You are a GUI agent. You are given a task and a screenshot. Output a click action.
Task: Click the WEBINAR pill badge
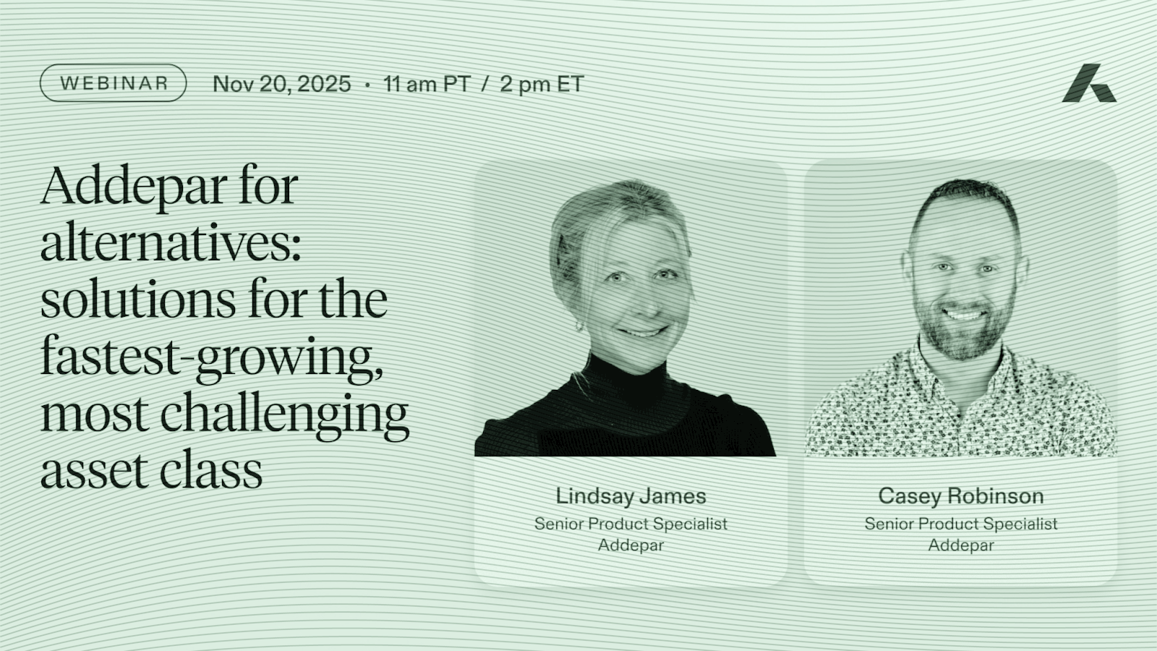113,82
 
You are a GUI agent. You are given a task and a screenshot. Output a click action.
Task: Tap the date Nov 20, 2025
282,84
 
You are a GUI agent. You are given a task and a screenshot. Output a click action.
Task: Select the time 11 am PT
427,84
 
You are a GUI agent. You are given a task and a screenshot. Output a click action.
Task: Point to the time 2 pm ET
542,84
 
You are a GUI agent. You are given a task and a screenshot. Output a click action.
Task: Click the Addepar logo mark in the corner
1089,83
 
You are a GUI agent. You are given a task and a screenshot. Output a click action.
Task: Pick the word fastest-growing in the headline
213,359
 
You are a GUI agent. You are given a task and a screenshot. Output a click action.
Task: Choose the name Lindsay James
631,496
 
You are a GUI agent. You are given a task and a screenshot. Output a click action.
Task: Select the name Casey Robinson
961,496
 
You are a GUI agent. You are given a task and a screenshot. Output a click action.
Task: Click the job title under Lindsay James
631,524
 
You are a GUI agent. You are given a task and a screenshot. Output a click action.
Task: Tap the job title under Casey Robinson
961,524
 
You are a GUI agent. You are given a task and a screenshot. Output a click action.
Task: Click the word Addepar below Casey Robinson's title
961,545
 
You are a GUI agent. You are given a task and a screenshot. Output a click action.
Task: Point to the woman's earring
579,326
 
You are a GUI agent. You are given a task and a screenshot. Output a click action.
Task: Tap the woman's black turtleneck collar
627,377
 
